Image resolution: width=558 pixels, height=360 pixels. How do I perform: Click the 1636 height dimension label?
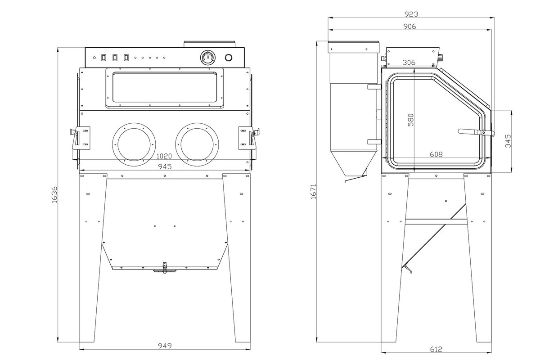point(54,194)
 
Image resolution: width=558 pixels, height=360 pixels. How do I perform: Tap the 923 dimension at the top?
point(410,14)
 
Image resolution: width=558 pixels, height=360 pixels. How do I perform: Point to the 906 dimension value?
point(410,26)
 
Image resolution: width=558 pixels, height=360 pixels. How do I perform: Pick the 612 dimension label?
point(436,349)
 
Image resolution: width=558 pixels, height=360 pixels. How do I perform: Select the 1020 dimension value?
point(164,157)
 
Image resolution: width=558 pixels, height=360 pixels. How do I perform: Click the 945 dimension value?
point(164,166)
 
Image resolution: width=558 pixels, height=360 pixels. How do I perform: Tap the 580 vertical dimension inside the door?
point(410,119)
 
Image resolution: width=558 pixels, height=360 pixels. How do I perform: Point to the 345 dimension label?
point(508,141)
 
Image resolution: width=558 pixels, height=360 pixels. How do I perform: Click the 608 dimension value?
point(436,154)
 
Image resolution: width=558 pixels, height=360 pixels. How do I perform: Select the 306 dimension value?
point(409,62)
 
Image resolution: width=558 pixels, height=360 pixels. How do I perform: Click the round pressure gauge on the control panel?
point(207,58)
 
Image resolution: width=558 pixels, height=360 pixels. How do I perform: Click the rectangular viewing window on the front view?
point(165,88)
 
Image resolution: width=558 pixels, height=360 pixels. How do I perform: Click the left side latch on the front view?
point(79,137)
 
